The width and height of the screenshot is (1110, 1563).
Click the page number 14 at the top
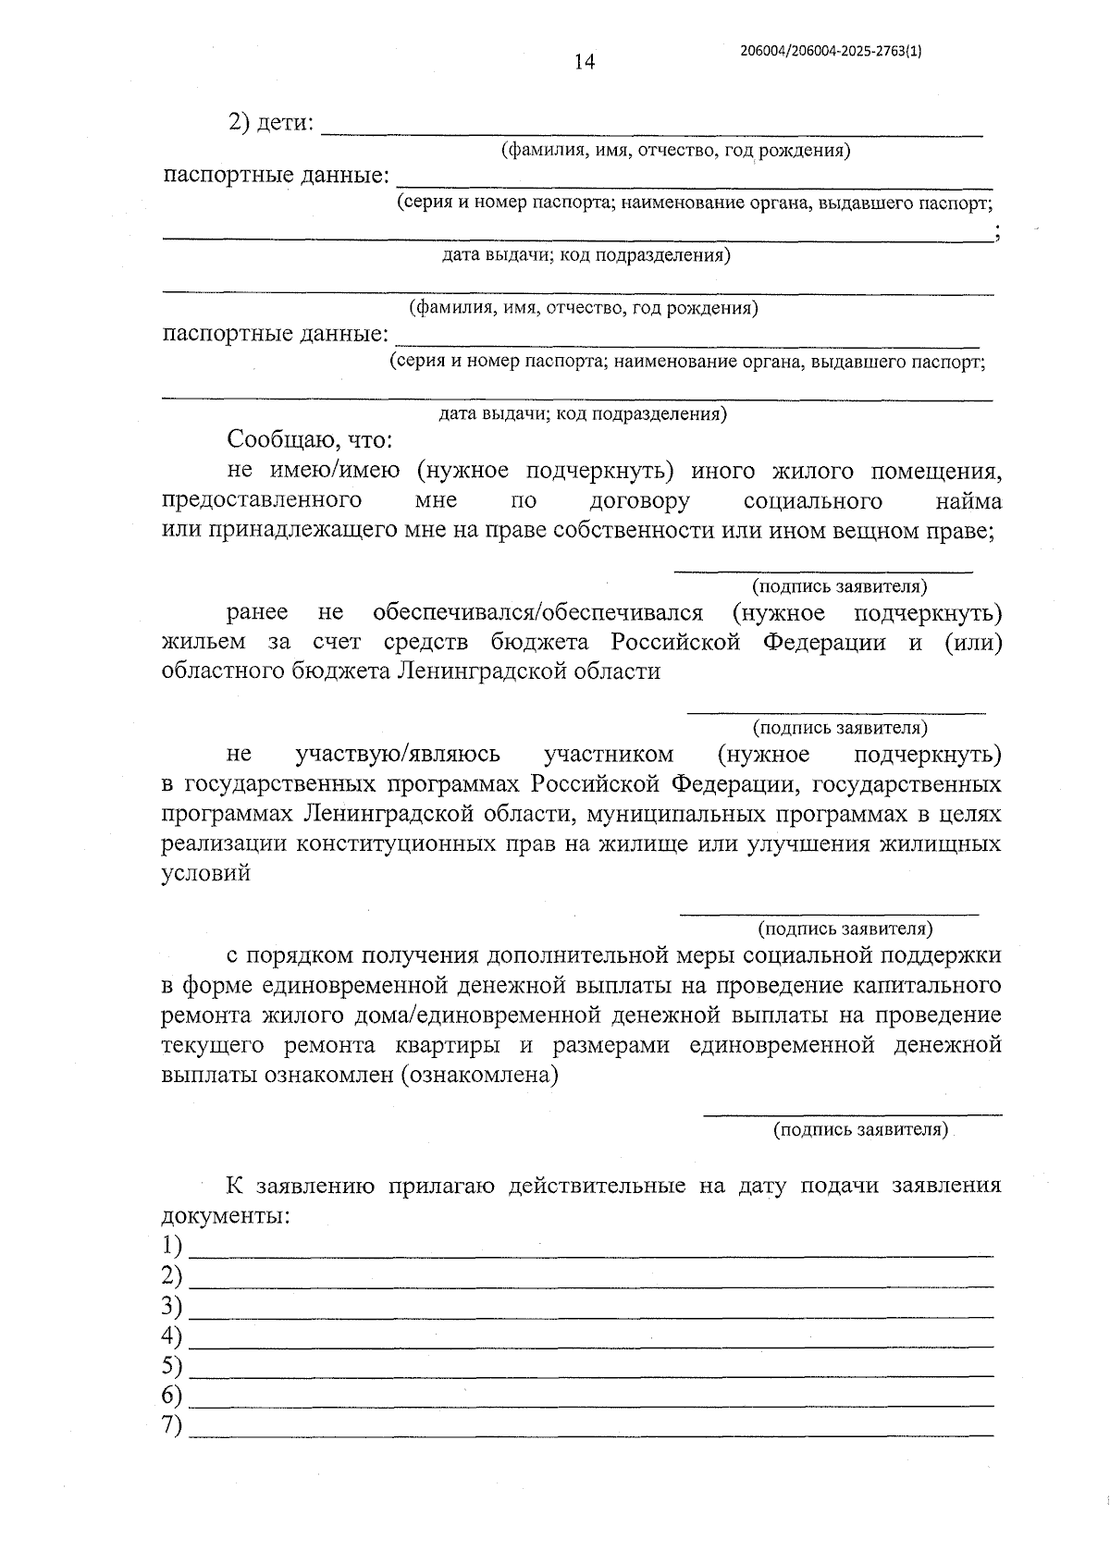coord(584,62)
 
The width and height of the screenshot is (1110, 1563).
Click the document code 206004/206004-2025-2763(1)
coord(831,52)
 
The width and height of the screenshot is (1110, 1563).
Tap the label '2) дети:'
coord(271,122)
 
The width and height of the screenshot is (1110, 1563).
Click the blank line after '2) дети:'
coord(651,129)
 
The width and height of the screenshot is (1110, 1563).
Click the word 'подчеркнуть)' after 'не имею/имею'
coord(598,471)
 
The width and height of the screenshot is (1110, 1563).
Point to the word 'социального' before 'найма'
coord(812,501)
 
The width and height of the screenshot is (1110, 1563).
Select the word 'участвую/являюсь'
coord(397,755)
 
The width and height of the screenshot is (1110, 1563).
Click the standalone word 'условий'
coord(205,874)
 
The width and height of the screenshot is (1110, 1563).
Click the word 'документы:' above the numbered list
coord(226,1216)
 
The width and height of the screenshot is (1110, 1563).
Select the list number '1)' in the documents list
coord(171,1244)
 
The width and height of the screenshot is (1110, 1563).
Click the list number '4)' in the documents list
coord(171,1336)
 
